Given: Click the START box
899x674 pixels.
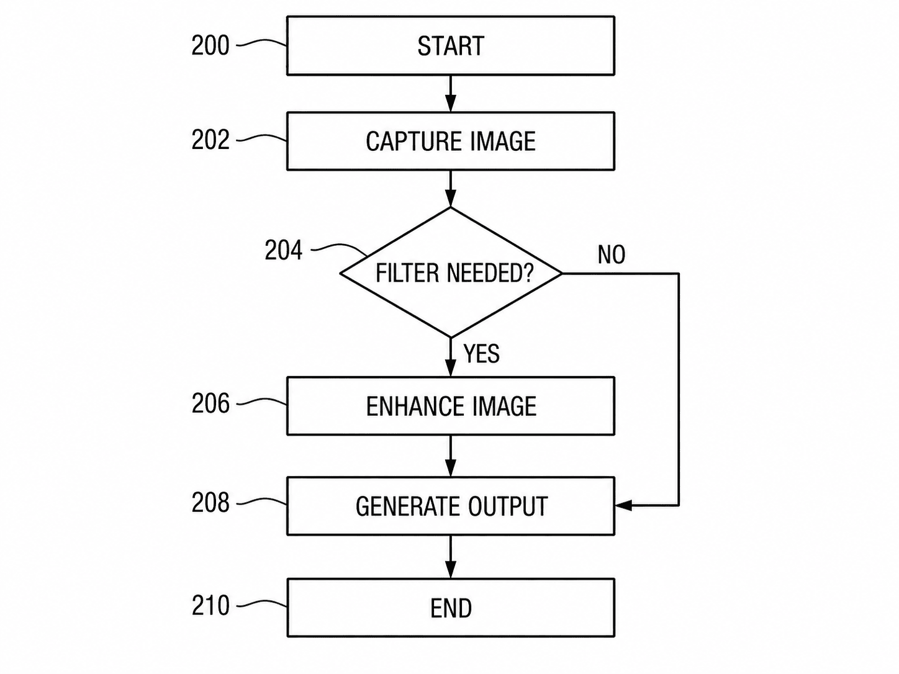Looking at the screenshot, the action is (451, 45).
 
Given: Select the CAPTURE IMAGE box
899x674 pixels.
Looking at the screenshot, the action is (451, 141).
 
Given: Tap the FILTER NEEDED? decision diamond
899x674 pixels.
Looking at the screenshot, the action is (451, 272).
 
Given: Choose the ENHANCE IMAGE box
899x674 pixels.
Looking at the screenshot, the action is (451, 405).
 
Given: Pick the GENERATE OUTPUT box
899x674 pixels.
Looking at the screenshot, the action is (451, 506).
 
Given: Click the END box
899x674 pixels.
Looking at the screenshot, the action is (451, 608).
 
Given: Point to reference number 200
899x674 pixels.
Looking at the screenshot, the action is (210, 45).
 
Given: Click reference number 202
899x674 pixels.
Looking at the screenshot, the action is (210, 140).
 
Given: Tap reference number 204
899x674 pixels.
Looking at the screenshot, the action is (283, 250).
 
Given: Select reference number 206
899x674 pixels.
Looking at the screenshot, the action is (210, 403).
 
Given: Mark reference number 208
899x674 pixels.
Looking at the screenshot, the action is (210, 503).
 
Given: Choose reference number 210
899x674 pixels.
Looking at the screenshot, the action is (210, 606).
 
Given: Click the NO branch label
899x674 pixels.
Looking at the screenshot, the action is (611, 254).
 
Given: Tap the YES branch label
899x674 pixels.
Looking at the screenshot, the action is (481, 354).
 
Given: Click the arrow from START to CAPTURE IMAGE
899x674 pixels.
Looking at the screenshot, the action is (451, 94).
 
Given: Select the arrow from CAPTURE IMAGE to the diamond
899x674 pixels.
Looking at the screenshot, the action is (451, 189).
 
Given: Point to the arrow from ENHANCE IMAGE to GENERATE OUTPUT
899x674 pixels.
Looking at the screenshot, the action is (451, 456).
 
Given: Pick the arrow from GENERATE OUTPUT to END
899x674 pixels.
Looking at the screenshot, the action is (451, 557).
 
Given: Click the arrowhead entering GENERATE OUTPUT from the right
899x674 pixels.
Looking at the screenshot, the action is (623, 506).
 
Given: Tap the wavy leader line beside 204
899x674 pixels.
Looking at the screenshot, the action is (339, 248).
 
